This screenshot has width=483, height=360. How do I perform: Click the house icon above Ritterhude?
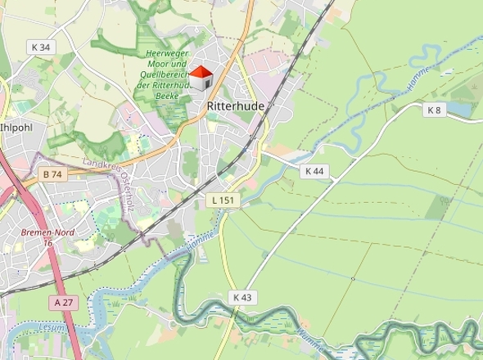click(201, 79)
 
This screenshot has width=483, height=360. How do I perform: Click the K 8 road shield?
click(434, 110)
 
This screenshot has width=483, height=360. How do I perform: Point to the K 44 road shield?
click(314, 171)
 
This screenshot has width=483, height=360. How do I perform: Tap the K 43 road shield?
click(241, 297)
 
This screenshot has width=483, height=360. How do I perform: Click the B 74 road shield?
click(52, 174)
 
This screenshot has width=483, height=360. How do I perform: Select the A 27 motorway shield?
click(62, 303)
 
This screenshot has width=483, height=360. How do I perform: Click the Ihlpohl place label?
click(16, 128)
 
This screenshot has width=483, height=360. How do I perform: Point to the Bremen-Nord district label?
click(47, 232)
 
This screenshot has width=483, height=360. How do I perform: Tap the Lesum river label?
click(51, 329)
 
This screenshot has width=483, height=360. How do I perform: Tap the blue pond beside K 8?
click(460, 109)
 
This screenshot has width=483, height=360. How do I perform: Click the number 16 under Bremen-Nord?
click(47, 242)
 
